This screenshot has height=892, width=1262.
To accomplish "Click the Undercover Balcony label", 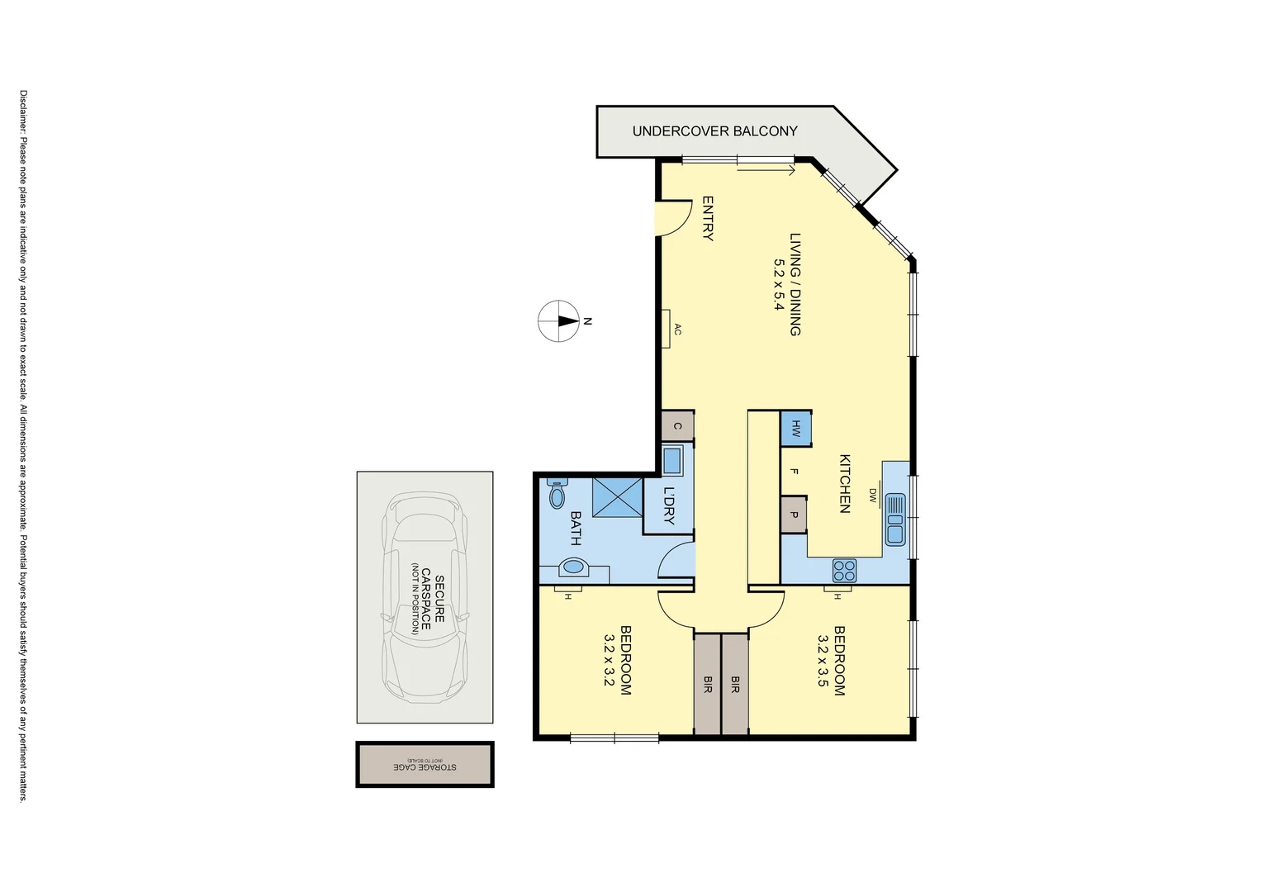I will (x=714, y=131).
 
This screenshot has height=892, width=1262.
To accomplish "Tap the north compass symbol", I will (x=559, y=321).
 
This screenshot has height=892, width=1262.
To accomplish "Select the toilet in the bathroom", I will (x=557, y=494).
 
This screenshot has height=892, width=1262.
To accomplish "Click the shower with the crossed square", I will (x=617, y=497).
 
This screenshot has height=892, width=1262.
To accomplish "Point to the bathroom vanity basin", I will (x=573, y=567).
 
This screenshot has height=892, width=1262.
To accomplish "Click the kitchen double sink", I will (x=895, y=520).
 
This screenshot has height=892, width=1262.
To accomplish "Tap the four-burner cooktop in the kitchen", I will (x=844, y=570).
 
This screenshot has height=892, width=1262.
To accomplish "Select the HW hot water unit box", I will (x=796, y=429).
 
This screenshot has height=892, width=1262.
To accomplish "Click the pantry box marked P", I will (x=794, y=515).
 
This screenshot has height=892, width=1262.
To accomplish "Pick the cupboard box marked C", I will (x=677, y=426).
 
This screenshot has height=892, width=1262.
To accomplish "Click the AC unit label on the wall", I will (x=677, y=330).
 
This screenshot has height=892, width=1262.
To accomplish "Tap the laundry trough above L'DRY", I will (x=672, y=461).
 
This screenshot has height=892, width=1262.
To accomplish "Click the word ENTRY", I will (x=708, y=218).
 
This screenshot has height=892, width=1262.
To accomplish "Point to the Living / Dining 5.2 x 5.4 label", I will (x=787, y=284).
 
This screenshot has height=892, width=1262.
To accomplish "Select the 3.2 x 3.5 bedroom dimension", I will (x=823, y=661).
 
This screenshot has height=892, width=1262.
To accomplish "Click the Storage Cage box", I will (x=425, y=765).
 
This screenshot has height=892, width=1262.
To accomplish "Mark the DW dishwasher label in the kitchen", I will (x=872, y=495).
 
